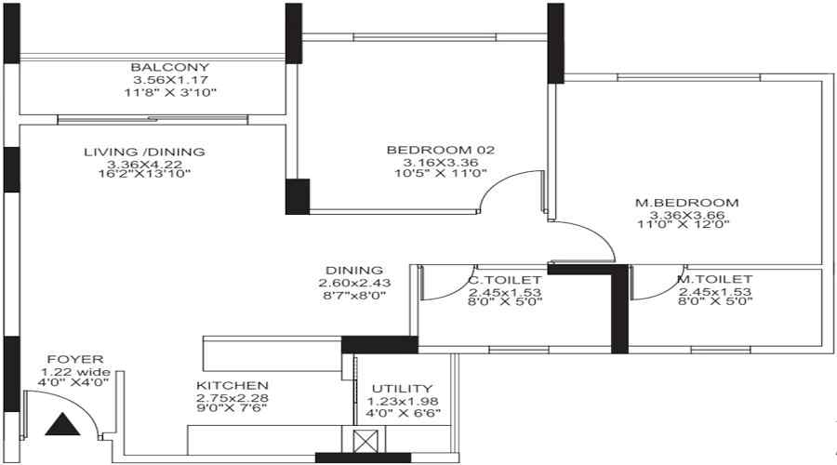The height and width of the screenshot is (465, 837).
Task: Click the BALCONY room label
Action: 169,68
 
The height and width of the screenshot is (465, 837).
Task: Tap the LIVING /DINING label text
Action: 144,152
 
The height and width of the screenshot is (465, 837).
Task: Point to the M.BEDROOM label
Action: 693,202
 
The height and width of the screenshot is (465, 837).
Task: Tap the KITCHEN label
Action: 232,385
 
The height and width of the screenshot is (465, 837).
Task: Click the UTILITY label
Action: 402,389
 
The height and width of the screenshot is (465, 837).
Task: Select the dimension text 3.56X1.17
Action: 169,80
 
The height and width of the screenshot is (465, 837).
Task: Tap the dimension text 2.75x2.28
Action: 232,397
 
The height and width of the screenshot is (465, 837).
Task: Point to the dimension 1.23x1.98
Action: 402,401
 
